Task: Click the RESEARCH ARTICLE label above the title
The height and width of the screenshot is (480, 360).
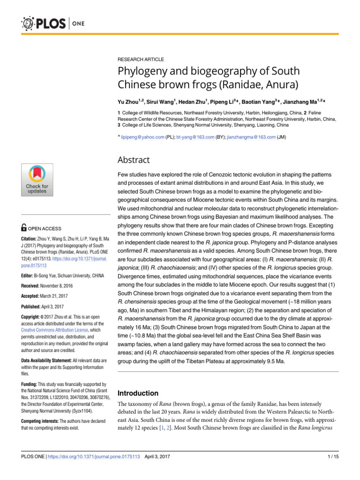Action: pos(141,60)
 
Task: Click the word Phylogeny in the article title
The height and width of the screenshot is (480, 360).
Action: pos(144,72)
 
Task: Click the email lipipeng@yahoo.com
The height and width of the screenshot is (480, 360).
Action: pos(142,137)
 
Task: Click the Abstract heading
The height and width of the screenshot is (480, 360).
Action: pos(134,160)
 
